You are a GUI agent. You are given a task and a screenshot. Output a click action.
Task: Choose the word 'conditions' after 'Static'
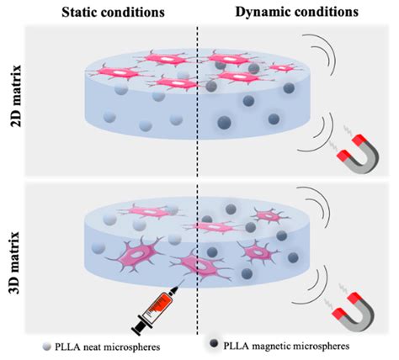(x=144, y=11)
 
